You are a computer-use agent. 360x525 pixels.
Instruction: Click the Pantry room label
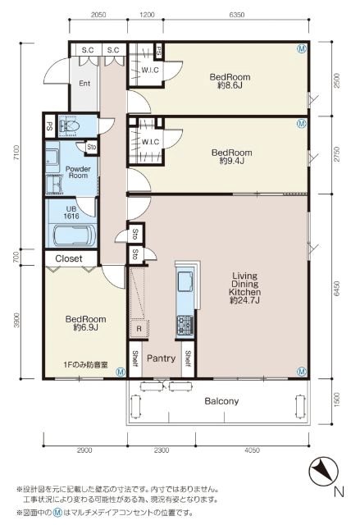[x=161, y=358]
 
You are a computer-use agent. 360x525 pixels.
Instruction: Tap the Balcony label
[x=221, y=401]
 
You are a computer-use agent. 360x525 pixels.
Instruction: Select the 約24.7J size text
[x=245, y=300]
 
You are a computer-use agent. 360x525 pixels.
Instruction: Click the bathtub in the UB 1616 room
[x=75, y=235]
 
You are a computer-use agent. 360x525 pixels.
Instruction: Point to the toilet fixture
[x=69, y=126]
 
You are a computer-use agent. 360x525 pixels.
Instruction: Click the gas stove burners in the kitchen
[x=185, y=325]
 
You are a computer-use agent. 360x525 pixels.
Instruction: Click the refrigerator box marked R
[x=139, y=329]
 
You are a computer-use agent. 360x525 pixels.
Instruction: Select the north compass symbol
[x=323, y=472]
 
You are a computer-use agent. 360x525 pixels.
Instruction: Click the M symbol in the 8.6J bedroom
[x=302, y=49]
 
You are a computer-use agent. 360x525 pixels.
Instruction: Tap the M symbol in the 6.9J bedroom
[x=120, y=372]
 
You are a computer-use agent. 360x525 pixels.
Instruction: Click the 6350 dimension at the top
[x=236, y=15]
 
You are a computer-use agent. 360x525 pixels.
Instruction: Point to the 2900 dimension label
[x=84, y=450]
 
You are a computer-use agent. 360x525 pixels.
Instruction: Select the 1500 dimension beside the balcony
[x=337, y=399]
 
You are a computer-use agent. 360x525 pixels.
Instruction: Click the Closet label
[x=69, y=258]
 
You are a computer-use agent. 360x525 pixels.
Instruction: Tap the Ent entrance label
[x=84, y=83]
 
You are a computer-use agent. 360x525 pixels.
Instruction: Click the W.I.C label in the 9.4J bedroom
[x=150, y=142]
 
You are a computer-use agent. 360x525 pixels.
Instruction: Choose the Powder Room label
[x=78, y=172]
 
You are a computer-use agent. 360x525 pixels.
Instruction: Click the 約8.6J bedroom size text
[x=230, y=85]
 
